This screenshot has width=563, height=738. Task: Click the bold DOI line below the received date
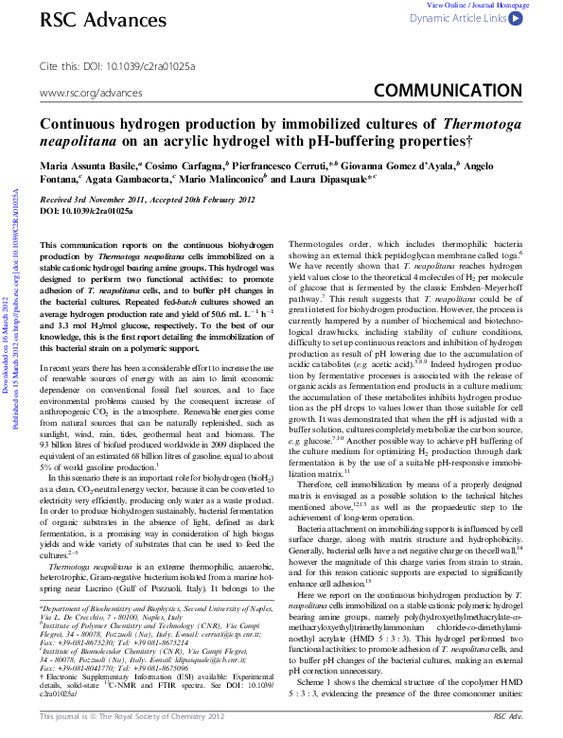click(86, 211)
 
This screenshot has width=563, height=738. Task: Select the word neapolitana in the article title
click(77, 139)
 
